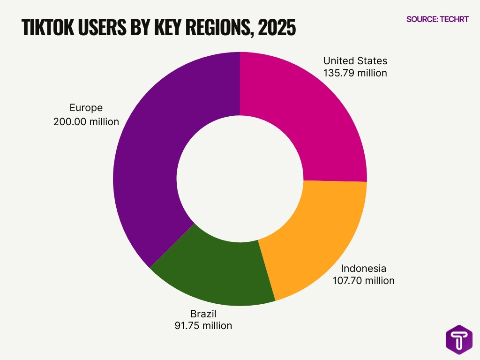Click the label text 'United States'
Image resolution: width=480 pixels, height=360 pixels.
(355, 61)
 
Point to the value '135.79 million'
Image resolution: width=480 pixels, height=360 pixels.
(355, 73)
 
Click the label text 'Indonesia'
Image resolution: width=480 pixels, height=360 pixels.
(363, 269)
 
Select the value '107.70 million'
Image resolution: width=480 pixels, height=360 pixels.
(363, 281)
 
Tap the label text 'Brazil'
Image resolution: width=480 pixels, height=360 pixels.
(203, 314)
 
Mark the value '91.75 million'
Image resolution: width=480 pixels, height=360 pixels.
(203, 326)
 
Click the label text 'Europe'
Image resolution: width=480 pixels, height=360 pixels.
(86, 108)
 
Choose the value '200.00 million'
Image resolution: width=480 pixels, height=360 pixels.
(86, 122)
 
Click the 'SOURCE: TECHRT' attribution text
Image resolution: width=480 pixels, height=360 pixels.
(437, 19)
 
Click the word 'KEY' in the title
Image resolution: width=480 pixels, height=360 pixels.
(165, 28)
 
